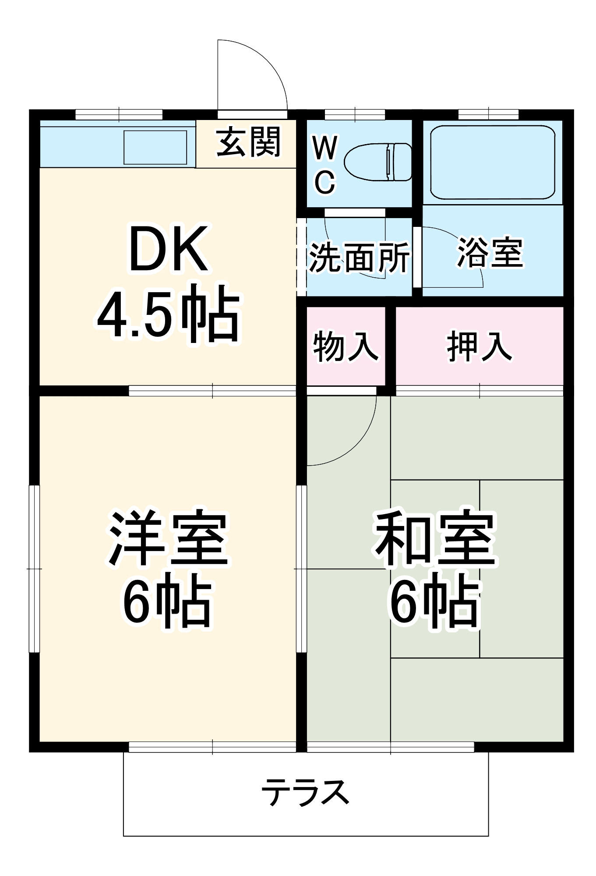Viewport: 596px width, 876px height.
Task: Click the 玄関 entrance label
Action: pyautogui.click(x=248, y=142)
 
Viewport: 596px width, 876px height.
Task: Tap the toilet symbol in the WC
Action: pyautogui.click(x=378, y=162)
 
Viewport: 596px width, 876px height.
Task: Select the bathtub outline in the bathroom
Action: pyautogui.click(x=493, y=162)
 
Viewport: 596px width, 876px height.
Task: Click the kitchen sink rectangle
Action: pyautogui.click(x=155, y=147)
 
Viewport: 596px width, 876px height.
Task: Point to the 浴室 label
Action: pyautogui.click(x=490, y=253)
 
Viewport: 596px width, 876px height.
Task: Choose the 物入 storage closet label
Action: pyautogui.click(x=346, y=346)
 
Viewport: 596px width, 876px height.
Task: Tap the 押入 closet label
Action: pyautogui.click(x=480, y=346)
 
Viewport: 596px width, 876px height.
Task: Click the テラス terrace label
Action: pyautogui.click(x=305, y=792)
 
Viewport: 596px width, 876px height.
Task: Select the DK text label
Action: pyautogui.click(x=168, y=249)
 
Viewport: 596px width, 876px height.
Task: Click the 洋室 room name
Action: pyautogui.click(x=168, y=538)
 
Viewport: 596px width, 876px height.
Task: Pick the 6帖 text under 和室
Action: pyautogui.click(x=435, y=600)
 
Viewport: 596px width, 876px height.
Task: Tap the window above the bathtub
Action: pyautogui.click(x=488, y=115)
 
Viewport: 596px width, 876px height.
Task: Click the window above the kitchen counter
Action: pyautogui.click(x=119, y=115)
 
